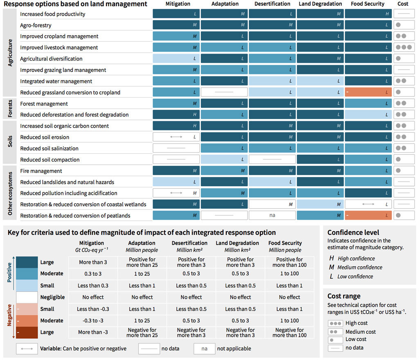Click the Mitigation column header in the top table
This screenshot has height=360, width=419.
tap(178, 4)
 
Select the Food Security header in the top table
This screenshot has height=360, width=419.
tap(367, 4)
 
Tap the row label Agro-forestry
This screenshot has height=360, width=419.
tap(36, 25)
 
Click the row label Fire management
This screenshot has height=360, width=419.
tap(41, 171)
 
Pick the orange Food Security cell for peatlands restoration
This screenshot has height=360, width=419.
tap(368, 215)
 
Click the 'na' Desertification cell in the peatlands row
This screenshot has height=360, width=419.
tap(272, 215)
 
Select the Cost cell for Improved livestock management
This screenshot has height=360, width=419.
tap(403, 47)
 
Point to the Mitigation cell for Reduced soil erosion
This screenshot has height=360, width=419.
tap(176, 137)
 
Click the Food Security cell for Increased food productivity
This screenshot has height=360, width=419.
tap(368, 14)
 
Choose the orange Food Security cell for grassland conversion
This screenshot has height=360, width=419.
tap(368, 92)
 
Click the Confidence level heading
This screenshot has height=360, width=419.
tap(353, 232)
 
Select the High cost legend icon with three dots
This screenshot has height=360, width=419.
tap(336, 323)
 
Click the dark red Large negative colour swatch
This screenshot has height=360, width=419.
tap(27, 332)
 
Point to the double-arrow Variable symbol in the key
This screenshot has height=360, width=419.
tap(27, 349)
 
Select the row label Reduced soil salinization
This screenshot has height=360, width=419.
tap(49, 148)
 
